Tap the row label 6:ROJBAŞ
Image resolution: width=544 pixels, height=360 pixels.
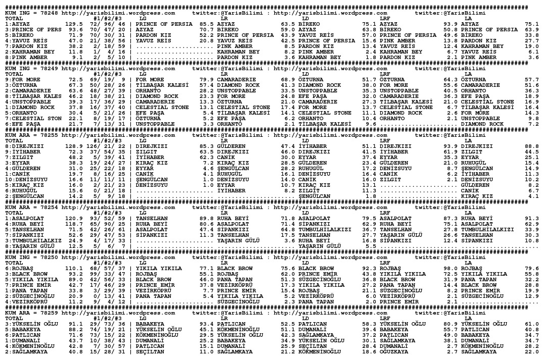click(20, 268)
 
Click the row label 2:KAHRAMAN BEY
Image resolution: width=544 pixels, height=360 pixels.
click(30, 52)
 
